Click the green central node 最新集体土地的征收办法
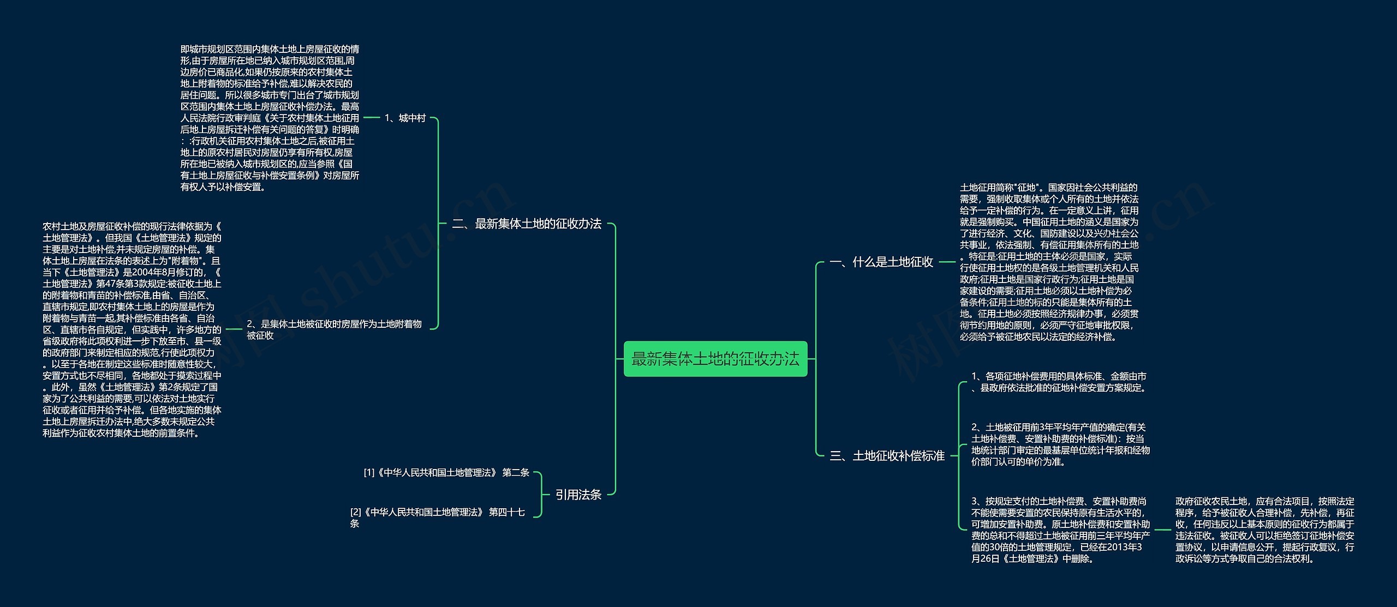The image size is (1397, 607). point(715,359)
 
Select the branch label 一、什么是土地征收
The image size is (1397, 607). point(881,262)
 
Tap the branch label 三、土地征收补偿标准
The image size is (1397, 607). point(887,456)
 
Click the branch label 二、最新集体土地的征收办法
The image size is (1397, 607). point(527,224)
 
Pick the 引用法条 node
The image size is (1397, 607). point(578,495)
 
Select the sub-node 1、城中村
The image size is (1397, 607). point(405,118)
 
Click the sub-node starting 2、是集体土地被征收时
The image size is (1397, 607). point(334,329)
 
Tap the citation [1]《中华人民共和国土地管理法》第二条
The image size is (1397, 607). point(446,472)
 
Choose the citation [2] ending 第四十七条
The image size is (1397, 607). point(437,518)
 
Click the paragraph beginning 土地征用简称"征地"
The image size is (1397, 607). point(1049,262)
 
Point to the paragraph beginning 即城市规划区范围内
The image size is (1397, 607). point(270,118)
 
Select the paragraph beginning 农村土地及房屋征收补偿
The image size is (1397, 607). point(132,329)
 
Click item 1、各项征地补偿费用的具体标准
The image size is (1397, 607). point(1059,382)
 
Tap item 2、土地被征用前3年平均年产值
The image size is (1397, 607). point(1060,444)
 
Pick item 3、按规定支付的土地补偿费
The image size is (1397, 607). point(1060,530)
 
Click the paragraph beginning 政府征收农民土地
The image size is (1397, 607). point(1264,530)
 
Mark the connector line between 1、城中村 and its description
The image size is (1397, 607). point(372,117)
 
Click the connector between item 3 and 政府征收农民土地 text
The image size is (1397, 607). point(1162,530)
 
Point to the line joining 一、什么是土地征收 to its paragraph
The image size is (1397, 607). point(947,262)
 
